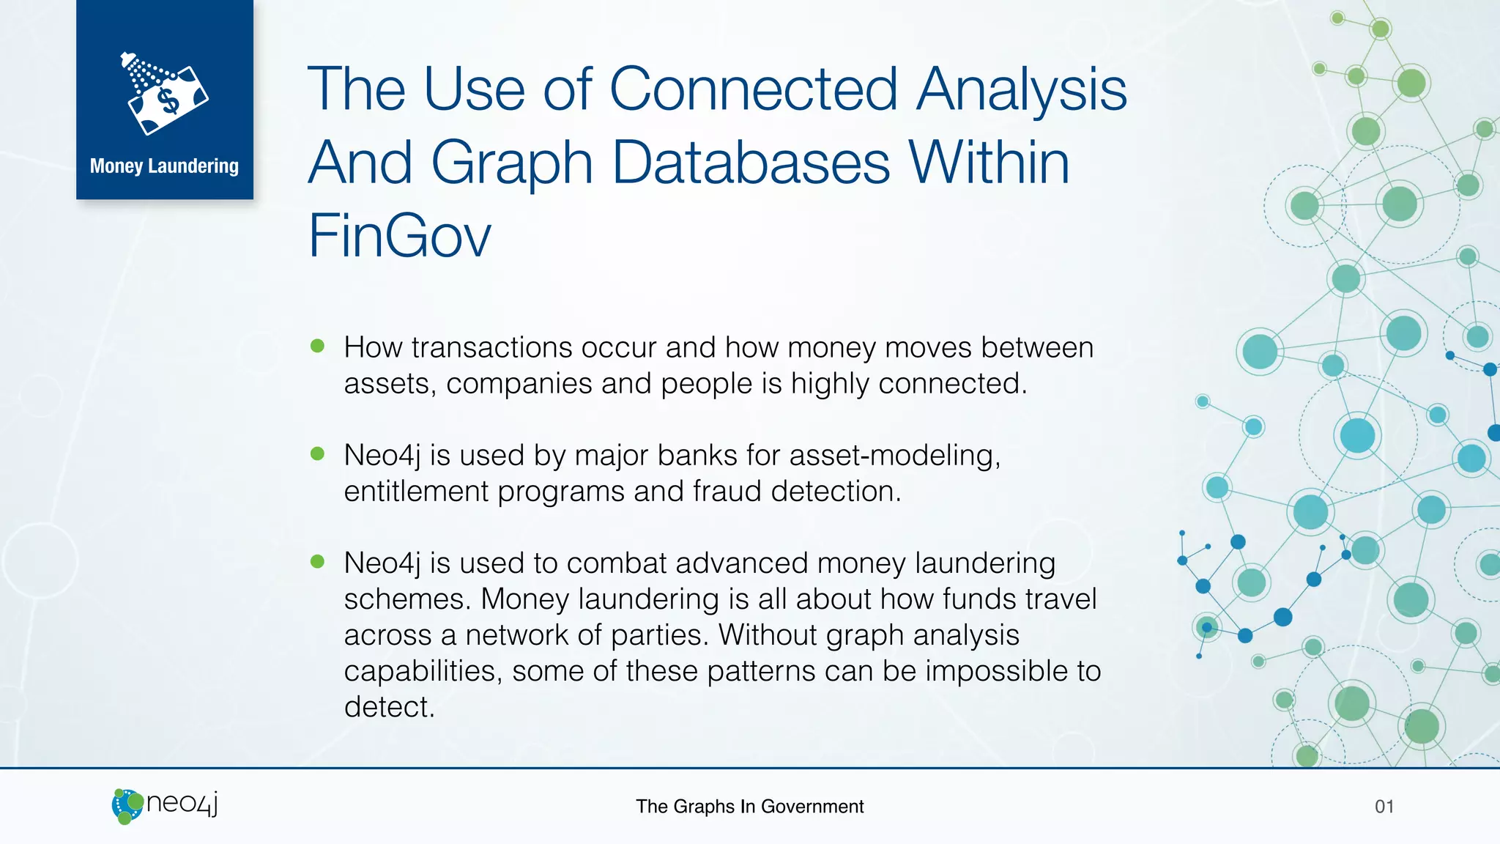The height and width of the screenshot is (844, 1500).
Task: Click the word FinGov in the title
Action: pyautogui.click(x=399, y=236)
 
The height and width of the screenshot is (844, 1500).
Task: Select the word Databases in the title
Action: pyautogui.click(x=751, y=163)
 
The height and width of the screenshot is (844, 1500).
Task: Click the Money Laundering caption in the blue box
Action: pyautogui.click(x=164, y=166)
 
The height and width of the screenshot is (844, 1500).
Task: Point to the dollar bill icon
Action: pyautogui.click(x=167, y=97)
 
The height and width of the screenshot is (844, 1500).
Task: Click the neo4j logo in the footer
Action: pyautogui.click(x=166, y=805)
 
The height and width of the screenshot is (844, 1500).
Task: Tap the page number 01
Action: pyautogui.click(x=1384, y=807)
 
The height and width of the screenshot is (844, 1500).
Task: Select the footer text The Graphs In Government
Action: pyautogui.click(x=749, y=807)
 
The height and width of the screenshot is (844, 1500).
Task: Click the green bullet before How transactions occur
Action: pyautogui.click(x=317, y=346)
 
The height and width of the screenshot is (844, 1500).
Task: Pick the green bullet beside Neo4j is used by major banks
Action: pyautogui.click(x=317, y=454)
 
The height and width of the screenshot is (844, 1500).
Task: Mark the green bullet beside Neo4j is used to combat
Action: pyautogui.click(x=317, y=561)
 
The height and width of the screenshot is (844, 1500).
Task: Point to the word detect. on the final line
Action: pyautogui.click(x=389, y=708)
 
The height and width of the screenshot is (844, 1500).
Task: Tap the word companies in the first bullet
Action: pyautogui.click(x=519, y=384)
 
